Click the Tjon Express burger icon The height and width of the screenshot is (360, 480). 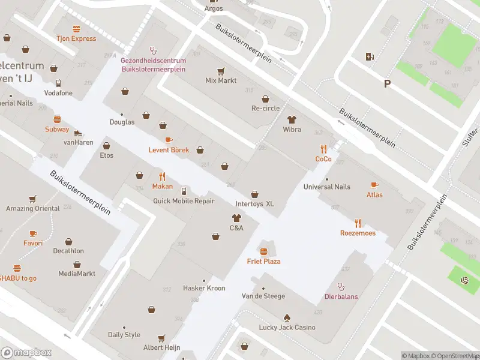click(76, 29)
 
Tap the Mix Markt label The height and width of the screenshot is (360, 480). click(221, 80)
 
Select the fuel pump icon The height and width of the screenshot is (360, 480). click(370, 57)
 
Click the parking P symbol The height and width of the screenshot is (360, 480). click(387, 84)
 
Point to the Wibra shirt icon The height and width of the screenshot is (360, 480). click(292, 120)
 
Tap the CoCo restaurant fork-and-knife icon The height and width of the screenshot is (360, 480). click(323, 149)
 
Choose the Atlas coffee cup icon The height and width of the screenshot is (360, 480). click(374, 185)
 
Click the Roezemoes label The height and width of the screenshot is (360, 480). click(358, 233)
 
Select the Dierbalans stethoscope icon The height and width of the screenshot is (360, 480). click(341, 286)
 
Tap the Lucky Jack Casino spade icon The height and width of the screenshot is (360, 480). click(287, 317)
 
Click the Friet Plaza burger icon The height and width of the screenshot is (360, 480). click(263, 250)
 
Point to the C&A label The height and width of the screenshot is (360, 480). click(236, 228)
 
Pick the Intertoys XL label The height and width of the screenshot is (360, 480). click(254, 204)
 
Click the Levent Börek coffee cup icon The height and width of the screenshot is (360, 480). click(169, 140)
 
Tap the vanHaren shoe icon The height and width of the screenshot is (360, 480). click(78, 133)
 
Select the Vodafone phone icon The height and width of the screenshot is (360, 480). click(58, 83)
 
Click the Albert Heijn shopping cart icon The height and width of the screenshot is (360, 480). click(161, 338)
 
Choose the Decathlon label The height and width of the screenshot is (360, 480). click(68, 251)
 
